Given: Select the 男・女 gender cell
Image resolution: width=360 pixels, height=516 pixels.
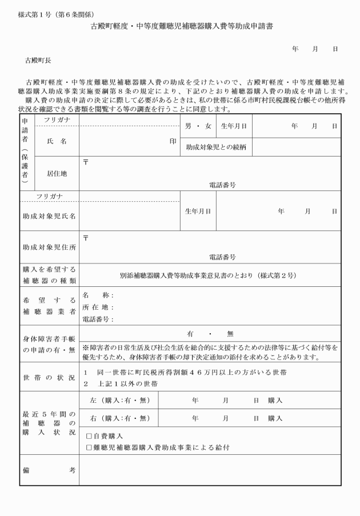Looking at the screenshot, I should pyautogui.click(x=197, y=125).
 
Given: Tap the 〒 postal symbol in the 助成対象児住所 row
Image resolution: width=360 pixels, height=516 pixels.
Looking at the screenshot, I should pyautogui.click(x=86, y=237).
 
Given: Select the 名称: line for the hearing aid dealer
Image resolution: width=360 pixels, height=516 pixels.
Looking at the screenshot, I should pyautogui.click(x=98, y=295).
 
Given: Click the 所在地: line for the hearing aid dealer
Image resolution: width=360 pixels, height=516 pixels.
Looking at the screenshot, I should pyautogui.click(x=98, y=307).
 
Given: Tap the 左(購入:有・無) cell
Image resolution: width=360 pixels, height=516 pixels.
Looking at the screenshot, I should pyautogui.click(x=118, y=400).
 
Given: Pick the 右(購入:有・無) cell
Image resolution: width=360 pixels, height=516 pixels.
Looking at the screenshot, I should pyautogui.click(x=118, y=418).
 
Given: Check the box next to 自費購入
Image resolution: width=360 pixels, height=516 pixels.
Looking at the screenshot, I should pyautogui.click(x=89, y=436).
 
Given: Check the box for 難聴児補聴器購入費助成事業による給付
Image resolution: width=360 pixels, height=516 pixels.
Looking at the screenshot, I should pyautogui.click(x=89, y=447).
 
